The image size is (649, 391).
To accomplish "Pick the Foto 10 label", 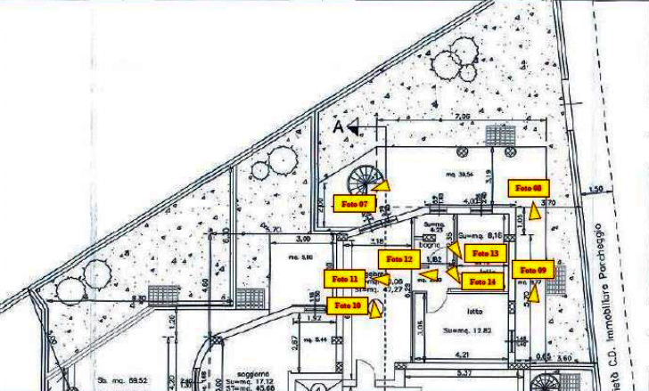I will (348, 305).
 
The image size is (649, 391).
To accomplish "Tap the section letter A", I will (338, 127).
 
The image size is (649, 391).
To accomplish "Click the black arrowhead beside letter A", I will (354, 129).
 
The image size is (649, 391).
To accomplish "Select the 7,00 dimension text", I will (461, 117).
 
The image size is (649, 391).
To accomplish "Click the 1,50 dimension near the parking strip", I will (596, 189).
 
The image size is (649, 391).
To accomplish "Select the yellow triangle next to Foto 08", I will (534, 211).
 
